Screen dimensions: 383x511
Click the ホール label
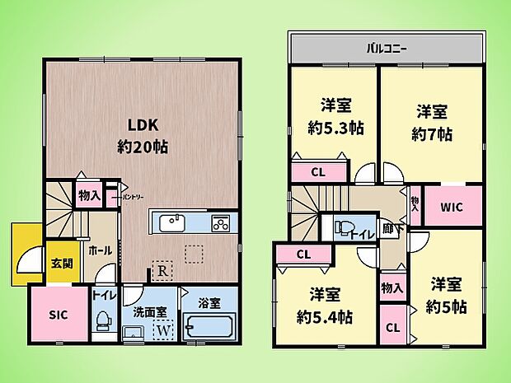coord(100,250)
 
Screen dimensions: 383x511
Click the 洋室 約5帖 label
coord(448,295)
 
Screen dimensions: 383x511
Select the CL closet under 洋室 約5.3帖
coord(317,172)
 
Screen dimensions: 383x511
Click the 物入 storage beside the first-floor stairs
coord(88,197)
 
